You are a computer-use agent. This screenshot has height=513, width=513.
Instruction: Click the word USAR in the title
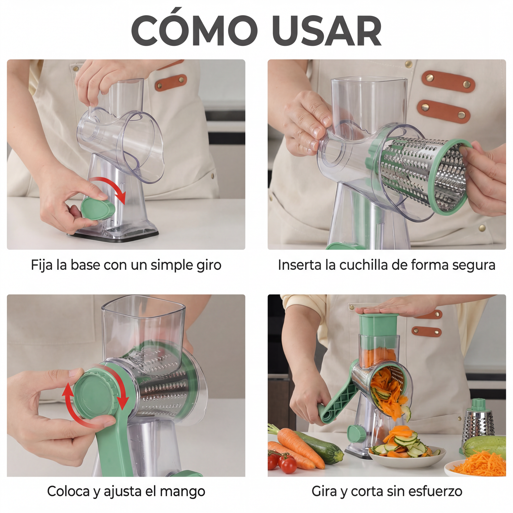coord(327,31)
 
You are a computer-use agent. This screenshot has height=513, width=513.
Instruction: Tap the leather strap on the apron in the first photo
coord(171,83)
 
